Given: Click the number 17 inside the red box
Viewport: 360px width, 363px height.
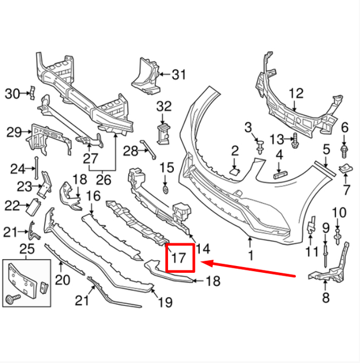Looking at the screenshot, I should click(178, 258).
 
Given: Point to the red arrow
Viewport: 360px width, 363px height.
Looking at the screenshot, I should click(250, 269).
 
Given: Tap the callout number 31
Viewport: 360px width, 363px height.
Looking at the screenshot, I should click(179, 74).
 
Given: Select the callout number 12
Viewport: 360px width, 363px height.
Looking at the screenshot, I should click(296, 94).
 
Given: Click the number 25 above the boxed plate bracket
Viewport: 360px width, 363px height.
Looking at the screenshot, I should click(27, 249).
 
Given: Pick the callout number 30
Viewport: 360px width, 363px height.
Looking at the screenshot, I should click(12, 94).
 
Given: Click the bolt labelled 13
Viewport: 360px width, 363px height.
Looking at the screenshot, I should click(296, 140).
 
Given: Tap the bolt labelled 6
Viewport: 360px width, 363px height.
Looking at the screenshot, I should click(344, 150).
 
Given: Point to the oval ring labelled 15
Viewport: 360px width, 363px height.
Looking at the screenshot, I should click(166, 188).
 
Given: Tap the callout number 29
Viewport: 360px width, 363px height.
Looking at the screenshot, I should click(14, 133).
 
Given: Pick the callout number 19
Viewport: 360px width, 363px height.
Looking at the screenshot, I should click(165, 302).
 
